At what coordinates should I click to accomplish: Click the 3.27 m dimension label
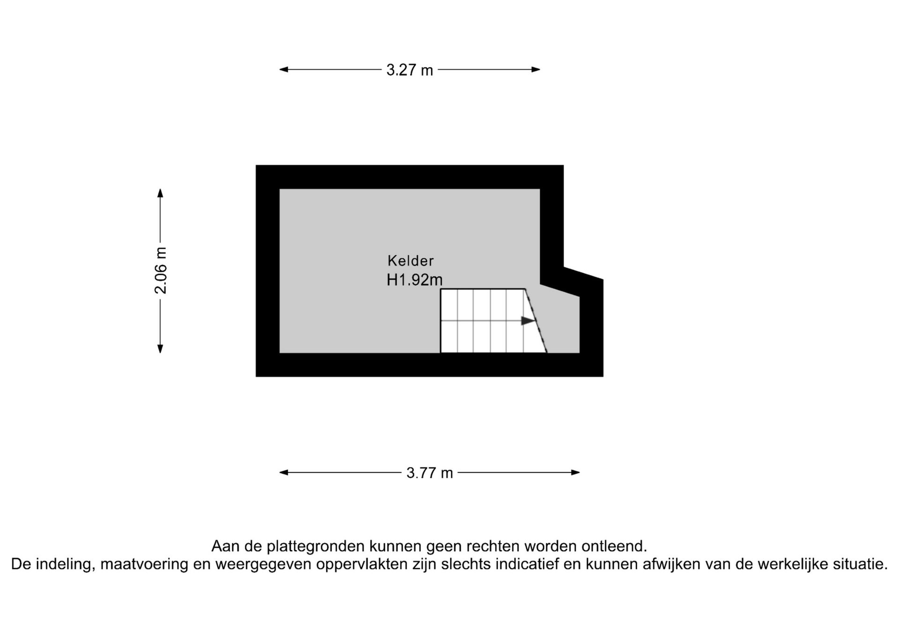pyautogui.click(x=410, y=70)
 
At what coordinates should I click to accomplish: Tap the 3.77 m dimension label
pyautogui.click(x=430, y=473)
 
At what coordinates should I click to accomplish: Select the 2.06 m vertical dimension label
pyautogui.click(x=161, y=270)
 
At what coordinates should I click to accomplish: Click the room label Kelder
pyautogui.click(x=411, y=260)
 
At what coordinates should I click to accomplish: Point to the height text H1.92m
pyautogui.click(x=414, y=280)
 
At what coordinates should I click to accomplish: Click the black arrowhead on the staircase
pyautogui.click(x=528, y=321)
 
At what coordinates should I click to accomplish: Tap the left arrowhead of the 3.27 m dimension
pyautogui.click(x=284, y=70)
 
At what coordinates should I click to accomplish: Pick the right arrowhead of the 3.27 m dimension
pyautogui.click(x=536, y=70)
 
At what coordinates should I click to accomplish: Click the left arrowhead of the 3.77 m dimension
pyautogui.click(x=284, y=473)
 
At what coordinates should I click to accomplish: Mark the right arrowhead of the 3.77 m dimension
pyautogui.click(x=575, y=473)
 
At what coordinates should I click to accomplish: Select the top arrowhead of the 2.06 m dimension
pyautogui.click(x=160, y=193)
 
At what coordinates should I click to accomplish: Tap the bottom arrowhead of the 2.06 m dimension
pyautogui.click(x=160, y=348)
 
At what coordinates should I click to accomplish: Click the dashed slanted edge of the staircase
pyautogui.click(x=536, y=321)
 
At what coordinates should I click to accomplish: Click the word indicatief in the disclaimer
pyautogui.click(x=527, y=564)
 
